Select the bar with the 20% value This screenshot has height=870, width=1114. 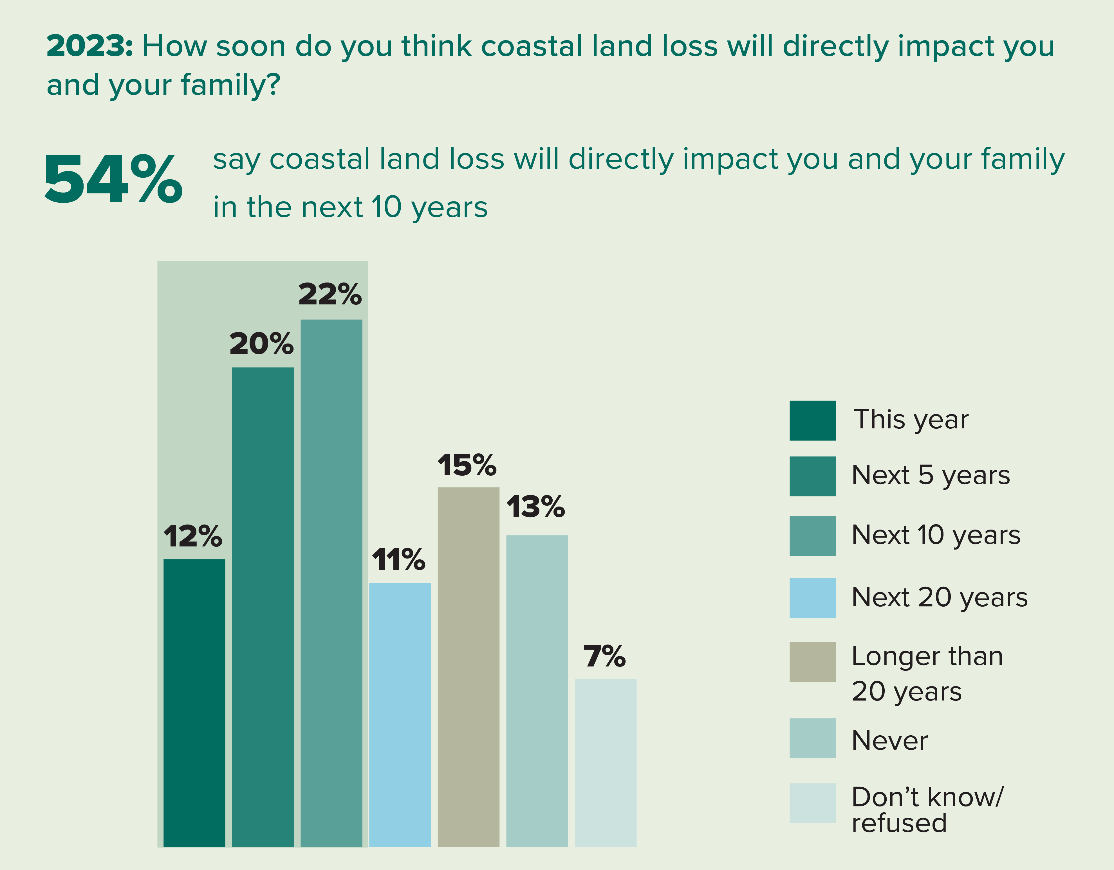263,607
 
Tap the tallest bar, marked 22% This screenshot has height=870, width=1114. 331,581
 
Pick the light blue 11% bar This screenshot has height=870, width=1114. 400,713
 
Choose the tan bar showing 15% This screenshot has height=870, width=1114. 468,668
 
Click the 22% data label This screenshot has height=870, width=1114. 330,295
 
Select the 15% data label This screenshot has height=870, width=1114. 467,465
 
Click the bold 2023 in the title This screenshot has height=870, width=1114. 89,46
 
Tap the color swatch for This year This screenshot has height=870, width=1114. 813,421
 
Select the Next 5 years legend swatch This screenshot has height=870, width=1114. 813,476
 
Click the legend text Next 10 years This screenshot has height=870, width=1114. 936,535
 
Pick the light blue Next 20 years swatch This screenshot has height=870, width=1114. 813,598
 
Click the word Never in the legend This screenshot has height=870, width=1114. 889,740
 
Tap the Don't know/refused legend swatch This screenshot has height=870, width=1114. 813,803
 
